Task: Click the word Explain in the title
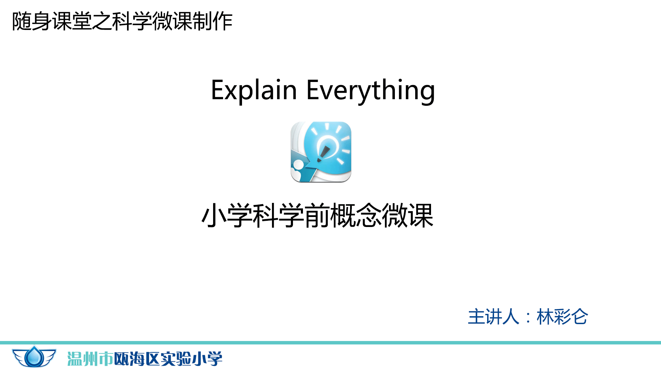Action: pyautogui.click(x=254, y=90)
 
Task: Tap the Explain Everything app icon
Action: pyautogui.click(x=321, y=152)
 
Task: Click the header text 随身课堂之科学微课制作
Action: pyautogui.click(x=122, y=21)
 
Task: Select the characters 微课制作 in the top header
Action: pyautogui.click(x=192, y=21)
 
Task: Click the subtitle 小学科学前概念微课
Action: pyautogui.click(x=317, y=216)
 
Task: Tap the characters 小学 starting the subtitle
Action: pyautogui.click(x=227, y=216)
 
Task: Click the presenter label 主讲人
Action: pyautogui.click(x=493, y=317)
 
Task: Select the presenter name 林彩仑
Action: pyautogui.click(x=562, y=317)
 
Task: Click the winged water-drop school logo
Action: pyautogui.click(x=34, y=357)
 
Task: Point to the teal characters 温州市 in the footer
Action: pyautogui.click(x=90, y=359)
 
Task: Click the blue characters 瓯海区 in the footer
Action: pyautogui.click(x=137, y=359)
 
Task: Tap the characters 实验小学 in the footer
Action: pyautogui.click(x=191, y=359)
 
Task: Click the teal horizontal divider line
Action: pyautogui.click(x=330, y=343)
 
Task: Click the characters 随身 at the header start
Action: pyautogui.click(x=32, y=21)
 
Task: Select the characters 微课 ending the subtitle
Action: pyautogui.click(x=408, y=216)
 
